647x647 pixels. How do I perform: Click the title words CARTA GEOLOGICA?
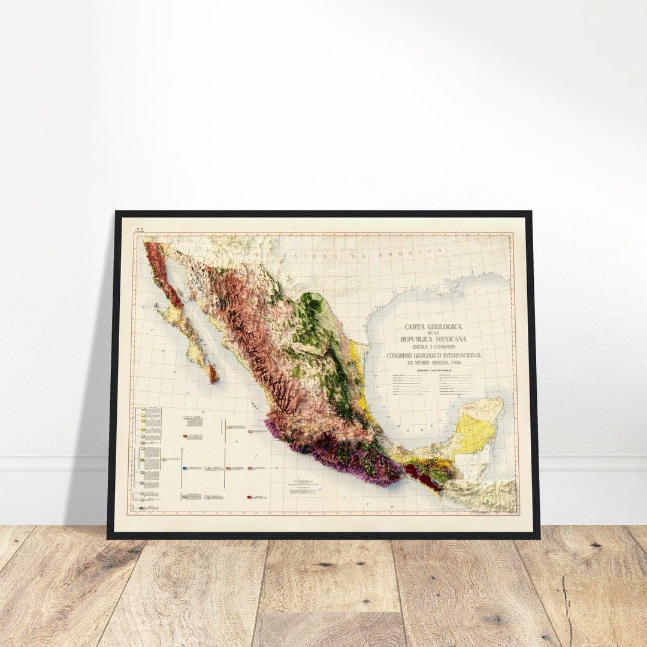tap(433, 327)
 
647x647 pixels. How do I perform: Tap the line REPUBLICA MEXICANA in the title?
tap(433, 339)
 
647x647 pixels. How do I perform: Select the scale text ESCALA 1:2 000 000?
tap(433, 347)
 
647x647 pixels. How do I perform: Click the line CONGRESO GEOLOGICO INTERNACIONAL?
tap(433, 355)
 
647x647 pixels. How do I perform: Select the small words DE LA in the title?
tap(433, 333)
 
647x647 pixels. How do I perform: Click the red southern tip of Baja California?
tap(213, 374)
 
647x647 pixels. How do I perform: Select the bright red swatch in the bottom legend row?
tap(248, 497)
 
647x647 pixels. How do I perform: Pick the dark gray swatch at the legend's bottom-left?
tap(141, 508)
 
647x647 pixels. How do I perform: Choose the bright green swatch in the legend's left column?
tap(141, 460)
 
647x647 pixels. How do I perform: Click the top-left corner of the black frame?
tap(117, 213)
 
